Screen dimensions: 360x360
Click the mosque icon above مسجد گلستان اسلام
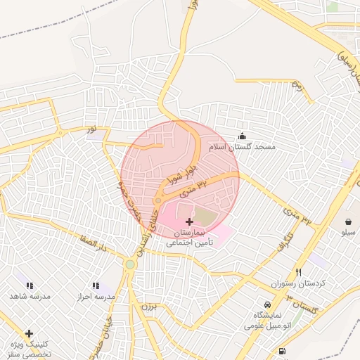[243, 136]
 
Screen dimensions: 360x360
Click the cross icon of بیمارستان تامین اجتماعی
[189, 221]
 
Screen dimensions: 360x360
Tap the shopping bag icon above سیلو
[349, 221]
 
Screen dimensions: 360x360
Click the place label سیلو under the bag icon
[349, 231]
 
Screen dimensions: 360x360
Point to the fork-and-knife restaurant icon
[298, 272]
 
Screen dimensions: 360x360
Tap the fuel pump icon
[282, 351]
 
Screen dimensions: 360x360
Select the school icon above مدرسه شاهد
[30, 285]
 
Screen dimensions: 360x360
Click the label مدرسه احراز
[95, 296]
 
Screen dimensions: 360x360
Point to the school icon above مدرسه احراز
[96, 285]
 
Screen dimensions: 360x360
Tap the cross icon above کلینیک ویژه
[29, 333]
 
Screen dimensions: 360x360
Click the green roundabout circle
[130, 264]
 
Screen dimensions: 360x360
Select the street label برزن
[146, 307]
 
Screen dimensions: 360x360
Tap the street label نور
[93, 131]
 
